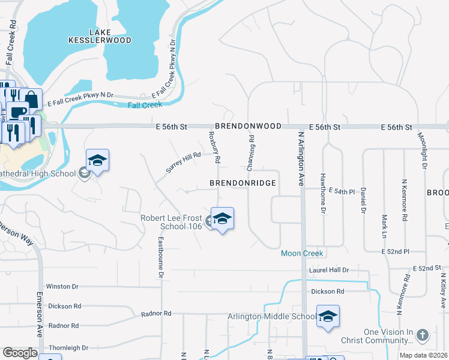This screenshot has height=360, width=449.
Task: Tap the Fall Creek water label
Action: (145, 105)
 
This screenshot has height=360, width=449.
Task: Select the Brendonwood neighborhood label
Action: (248, 127)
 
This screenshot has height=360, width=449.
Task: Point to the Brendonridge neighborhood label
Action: (243, 182)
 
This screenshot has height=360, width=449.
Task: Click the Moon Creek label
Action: (302, 254)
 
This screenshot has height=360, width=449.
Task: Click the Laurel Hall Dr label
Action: (328, 270)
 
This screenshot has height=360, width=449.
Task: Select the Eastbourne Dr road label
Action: (161, 257)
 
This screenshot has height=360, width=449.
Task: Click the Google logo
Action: (20, 353)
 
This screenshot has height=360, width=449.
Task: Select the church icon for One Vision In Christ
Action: (422, 335)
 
